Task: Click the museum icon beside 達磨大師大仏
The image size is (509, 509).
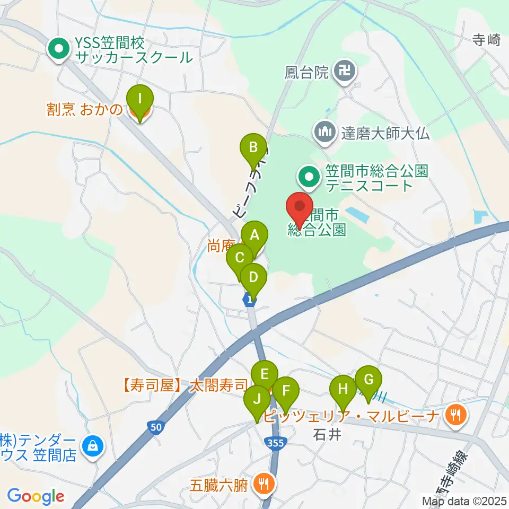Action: click(x=324, y=133)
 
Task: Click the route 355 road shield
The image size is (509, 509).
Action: click(x=276, y=444)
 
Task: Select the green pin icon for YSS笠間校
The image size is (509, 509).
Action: click(x=57, y=50)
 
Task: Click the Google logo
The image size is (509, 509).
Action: click(x=36, y=496)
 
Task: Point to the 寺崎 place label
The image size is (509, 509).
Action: click(x=486, y=40)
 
